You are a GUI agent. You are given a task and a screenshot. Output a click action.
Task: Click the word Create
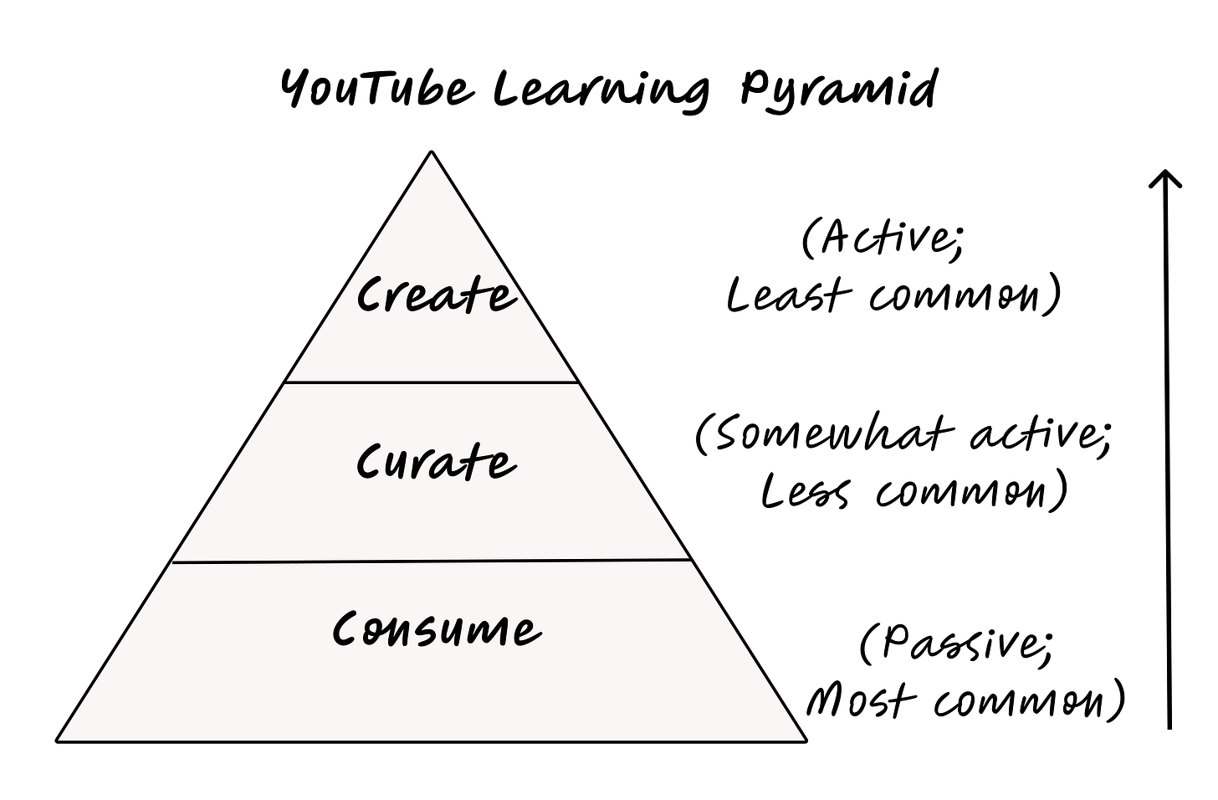pyautogui.click(x=436, y=295)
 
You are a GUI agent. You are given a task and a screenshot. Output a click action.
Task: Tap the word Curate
pyautogui.click(x=436, y=461)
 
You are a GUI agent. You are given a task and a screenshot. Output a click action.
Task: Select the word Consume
pyautogui.click(x=436, y=629)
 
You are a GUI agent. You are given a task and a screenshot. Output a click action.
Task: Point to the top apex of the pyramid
pyautogui.click(x=432, y=156)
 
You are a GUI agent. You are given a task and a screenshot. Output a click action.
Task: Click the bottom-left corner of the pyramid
pyautogui.click(x=60, y=738)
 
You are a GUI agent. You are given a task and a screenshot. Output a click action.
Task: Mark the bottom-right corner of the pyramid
pyautogui.click(x=802, y=738)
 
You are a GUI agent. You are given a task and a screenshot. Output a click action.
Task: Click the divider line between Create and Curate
pyautogui.click(x=432, y=382)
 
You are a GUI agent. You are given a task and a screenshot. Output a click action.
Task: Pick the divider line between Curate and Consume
pyautogui.click(x=432, y=561)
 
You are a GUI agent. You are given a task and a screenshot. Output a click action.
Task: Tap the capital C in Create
pyautogui.click(x=370, y=295)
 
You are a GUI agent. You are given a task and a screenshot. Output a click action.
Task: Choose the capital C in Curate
pyautogui.click(x=370, y=463)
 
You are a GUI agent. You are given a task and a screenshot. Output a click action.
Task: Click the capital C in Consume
pyautogui.click(x=347, y=629)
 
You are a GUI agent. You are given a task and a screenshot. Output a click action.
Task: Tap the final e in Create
pyautogui.click(x=503, y=299)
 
